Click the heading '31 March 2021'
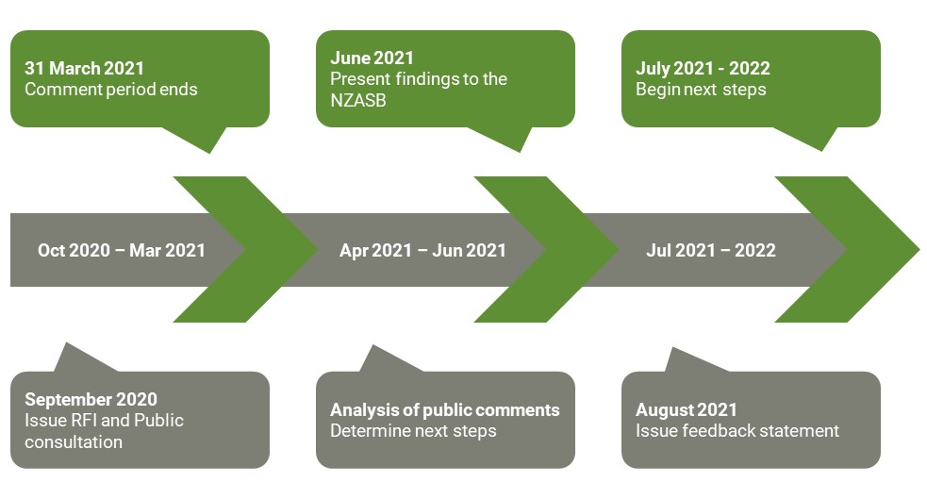(x=85, y=68)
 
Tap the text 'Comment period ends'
(x=111, y=90)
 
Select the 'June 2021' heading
(x=372, y=58)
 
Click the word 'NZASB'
(x=358, y=101)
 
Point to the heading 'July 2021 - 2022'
(x=703, y=68)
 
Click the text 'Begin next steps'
(x=702, y=90)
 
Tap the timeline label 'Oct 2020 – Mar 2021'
(x=122, y=250)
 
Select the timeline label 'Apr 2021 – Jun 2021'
(x=422, y=250)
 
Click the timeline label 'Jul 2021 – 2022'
(x=711, y=250)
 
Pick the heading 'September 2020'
(x=91, y=399)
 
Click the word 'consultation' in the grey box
(x=74, y=441)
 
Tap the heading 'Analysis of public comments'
(x=445, y=409)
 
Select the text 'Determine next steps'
(x=413, y=431)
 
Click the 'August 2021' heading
(x=687, y=409)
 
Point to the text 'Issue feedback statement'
(x=737, y=431)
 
